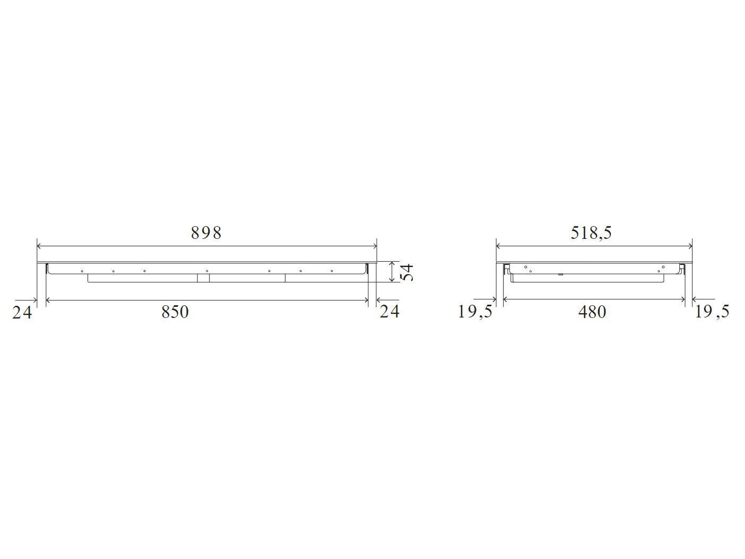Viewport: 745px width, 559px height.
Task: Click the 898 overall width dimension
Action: coord(206,233)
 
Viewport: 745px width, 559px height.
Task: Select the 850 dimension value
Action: coord(175,312)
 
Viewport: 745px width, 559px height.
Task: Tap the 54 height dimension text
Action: coord(406,272)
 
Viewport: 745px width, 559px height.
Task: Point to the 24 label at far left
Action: coord(22,313)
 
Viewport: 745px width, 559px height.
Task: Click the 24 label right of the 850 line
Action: coord(389,311)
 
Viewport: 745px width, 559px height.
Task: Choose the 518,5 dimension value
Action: coord(591,233)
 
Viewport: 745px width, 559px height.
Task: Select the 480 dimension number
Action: coord(592,312)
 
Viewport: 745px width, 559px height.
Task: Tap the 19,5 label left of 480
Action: coord(475,312)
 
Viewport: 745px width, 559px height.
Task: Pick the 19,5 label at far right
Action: coord(712,312)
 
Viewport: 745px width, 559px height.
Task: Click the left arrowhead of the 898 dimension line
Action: coord(39,246)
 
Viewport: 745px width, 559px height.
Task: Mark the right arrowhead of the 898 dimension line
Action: coord(374,246)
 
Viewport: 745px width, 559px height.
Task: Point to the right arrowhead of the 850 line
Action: coord(366,300)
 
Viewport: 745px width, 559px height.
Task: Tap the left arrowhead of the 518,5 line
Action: coord(499,246)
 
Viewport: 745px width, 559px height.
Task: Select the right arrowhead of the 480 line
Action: coord(683,299)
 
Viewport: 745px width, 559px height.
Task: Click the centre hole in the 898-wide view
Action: coord(207,271)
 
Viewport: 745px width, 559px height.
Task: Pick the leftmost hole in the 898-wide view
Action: coord(82,271)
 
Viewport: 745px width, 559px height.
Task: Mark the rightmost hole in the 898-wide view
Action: coord(332,271)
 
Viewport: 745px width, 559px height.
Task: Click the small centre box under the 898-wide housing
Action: coord(203,278)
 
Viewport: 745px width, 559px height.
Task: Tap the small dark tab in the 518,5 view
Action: coord(560,274)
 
